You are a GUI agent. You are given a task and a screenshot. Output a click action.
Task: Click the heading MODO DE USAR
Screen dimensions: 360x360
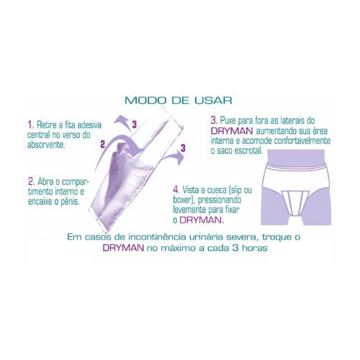point(179,100)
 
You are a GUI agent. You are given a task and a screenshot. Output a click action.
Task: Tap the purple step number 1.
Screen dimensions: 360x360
point(30,125)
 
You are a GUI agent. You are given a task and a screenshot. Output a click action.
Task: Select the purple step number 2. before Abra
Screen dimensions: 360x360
point(32,181)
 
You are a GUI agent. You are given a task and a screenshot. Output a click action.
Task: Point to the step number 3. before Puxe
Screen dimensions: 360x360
point(214,120)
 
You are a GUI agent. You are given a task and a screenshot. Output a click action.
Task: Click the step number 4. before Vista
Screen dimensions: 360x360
point(176,190)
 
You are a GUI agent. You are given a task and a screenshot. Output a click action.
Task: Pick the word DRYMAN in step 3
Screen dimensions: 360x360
point(232,131)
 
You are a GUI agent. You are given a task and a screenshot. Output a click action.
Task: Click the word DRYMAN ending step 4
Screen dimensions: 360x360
point(200,220)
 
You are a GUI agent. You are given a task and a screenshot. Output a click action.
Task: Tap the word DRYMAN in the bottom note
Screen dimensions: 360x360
point(124,248)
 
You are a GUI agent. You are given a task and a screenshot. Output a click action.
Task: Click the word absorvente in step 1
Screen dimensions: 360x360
point(46,145)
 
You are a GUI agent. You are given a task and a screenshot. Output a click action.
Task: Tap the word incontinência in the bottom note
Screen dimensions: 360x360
point(157,237)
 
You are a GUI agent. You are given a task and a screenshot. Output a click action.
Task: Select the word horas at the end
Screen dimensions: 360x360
point(255,248)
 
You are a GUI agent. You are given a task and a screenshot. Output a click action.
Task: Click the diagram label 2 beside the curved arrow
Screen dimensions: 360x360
point(103,145)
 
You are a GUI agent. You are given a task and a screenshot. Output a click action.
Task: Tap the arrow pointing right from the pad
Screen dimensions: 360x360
point(174,157)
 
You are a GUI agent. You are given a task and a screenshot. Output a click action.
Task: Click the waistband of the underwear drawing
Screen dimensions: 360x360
point(296,166)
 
